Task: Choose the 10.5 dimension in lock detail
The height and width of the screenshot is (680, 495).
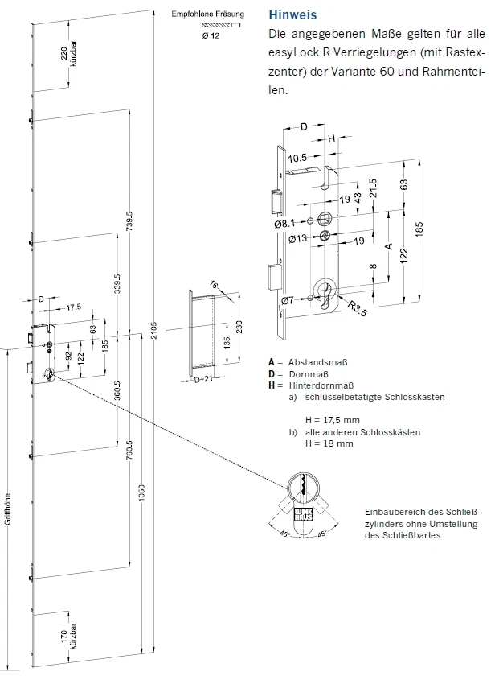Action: (x=297, y=158)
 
